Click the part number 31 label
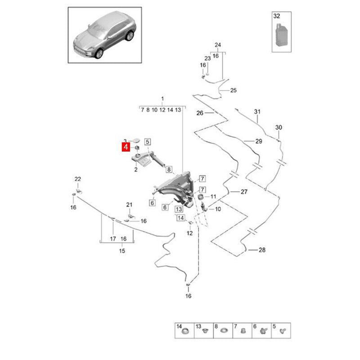click(x=257, y=111)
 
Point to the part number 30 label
click(x=279, y=128)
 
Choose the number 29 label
click(x=258, y=141)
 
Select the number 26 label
click(x=200, y=112)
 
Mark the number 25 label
click(x=233, y=90)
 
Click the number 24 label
click(x=218, y=45)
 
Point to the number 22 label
click(x=77, y=179)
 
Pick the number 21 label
click(x=129, y=205)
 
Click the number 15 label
click(x=121, y=251)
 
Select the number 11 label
click(x=213, y=197)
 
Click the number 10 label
click(x=218, y=209)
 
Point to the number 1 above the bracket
click(x=162, y=99)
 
